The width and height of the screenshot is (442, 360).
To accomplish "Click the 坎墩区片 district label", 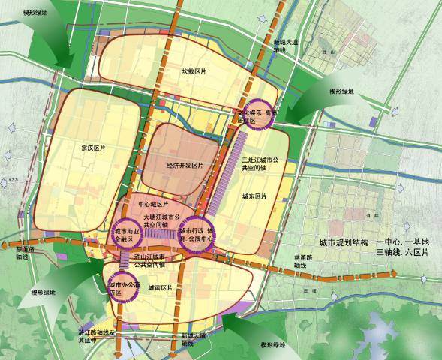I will (193, 71).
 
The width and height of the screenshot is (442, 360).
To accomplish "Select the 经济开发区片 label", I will (185, 165).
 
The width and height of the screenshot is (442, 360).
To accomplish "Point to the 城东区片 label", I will (255, 196).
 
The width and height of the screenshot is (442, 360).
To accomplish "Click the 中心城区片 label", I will (154, 204).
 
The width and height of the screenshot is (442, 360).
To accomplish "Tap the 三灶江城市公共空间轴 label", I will (260, 165).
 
